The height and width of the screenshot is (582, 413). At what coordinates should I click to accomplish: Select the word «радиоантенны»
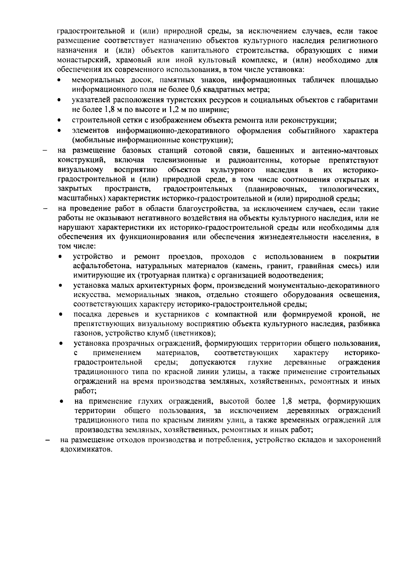click(255, 160)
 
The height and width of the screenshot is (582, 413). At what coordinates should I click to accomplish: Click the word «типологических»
click(349, 189)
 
